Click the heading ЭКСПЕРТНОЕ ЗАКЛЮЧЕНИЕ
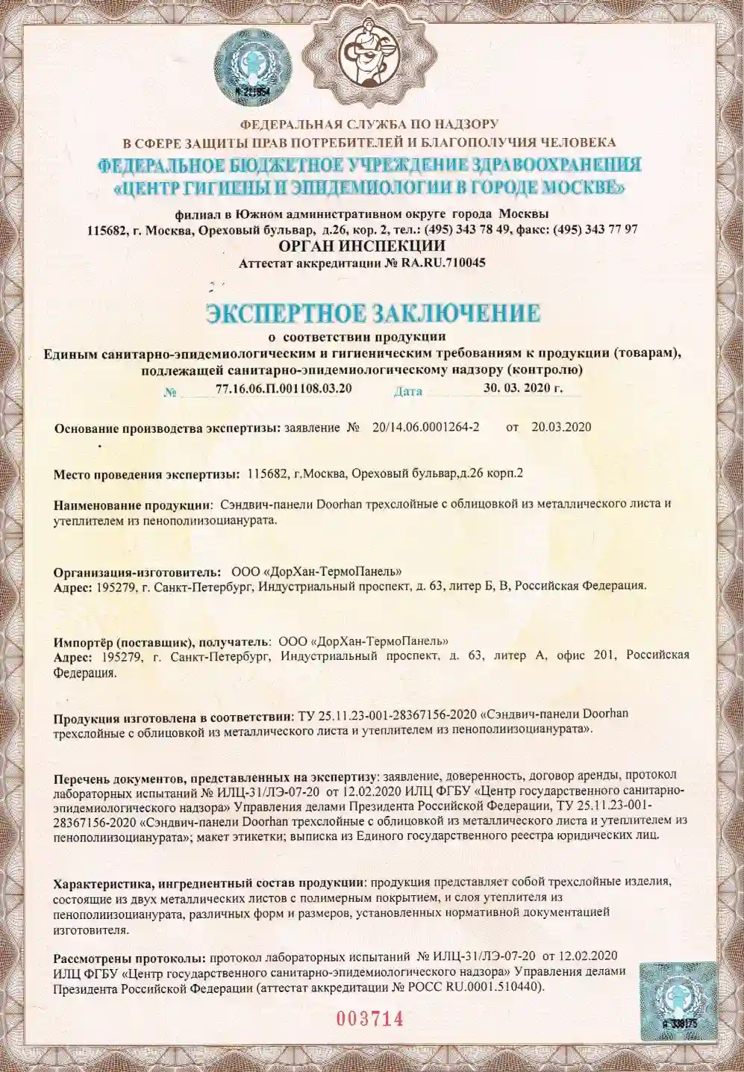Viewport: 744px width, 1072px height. tap(372, 313)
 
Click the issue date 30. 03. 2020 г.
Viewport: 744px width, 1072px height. tap(522, 388)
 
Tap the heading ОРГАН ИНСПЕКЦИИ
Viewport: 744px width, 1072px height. tap(361, 246)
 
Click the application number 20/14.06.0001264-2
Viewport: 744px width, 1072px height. tap(425, 427)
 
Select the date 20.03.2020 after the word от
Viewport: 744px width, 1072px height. tap(561, 427)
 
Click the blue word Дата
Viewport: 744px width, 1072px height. tap(407, 390)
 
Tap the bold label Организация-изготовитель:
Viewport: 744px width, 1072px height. tap(137, 572)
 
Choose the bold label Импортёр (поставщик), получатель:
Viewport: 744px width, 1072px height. tap(162, 641)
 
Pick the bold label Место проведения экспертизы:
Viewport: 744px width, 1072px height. tap(146, 474)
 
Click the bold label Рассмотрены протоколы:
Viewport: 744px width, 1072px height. tap(129, 957)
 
